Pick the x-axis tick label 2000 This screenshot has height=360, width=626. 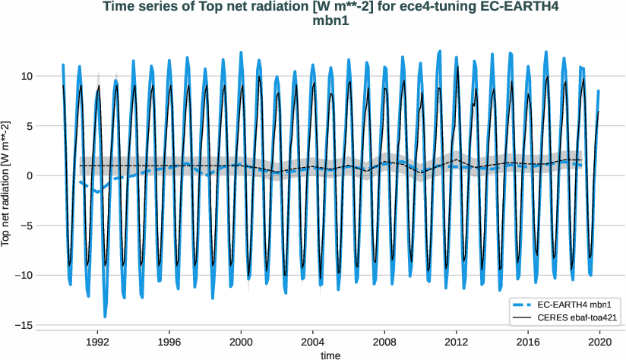click(x=242, y=343)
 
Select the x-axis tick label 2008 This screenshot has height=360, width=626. click(x=385, y=343)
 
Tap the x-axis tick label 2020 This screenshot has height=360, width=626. click(x=600, y=343)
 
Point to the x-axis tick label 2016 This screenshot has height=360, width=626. click(x=529, y=343)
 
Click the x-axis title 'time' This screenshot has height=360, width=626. click(x=330, y=355)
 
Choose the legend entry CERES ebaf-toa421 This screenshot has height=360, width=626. click(x=577, y=316)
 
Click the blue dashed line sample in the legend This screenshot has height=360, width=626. click(x=523, y=304)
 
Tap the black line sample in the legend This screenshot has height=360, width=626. click(x=523, y=316)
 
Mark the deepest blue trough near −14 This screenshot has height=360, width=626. click(x=105, y=316)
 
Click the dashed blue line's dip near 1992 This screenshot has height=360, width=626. click(x=97, y=192)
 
